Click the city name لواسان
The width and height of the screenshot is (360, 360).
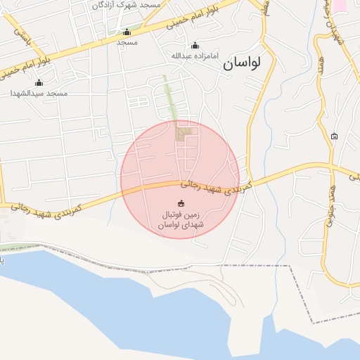point(242,63)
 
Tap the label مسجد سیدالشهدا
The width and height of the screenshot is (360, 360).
point(39,94)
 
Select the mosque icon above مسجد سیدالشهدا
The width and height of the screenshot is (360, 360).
point(39,83)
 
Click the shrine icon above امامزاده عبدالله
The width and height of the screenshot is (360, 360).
point(195,45)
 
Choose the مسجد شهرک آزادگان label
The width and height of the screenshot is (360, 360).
point(127,5)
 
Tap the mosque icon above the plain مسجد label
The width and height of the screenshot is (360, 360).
point(127,32)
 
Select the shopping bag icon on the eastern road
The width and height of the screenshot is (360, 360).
point(334,136)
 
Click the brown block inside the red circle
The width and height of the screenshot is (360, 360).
point(184,131)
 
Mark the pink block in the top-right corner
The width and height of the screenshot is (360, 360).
point(340,4)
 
